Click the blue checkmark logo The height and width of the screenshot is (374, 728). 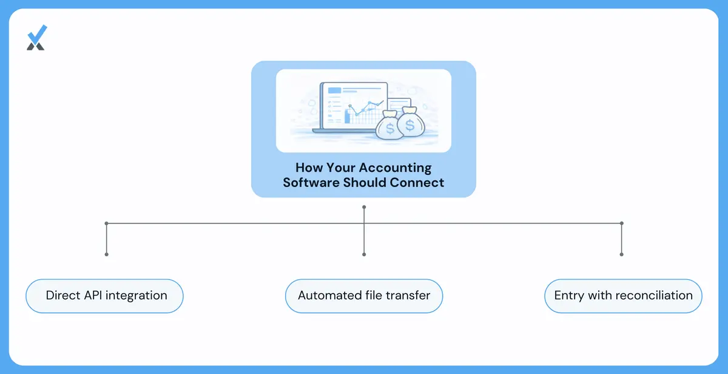(x=37, y=38)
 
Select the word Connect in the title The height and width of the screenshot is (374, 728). (x=417, y=183)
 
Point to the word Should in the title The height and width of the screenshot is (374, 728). (x=365, y=183)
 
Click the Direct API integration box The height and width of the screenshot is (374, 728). (x=104, y=296)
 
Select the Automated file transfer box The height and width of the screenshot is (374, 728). (x=364, y=296)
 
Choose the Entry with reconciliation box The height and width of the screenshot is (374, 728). (x=624, y=296)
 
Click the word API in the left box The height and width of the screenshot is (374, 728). (x=93, y=295)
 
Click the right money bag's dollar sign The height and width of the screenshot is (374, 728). (x=410, y=125)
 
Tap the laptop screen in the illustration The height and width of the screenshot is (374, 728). (x=354, y=106)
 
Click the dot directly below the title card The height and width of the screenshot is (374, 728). (x=364, y=207)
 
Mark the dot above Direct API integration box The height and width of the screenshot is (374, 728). (x=107, y=254)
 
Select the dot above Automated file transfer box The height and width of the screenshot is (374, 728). (x=364, y=254)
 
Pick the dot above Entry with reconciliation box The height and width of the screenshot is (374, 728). (x=622, y=254)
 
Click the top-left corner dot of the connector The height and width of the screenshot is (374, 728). (x=107, y=223)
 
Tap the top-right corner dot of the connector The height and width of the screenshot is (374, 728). (x=622, y=223)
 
